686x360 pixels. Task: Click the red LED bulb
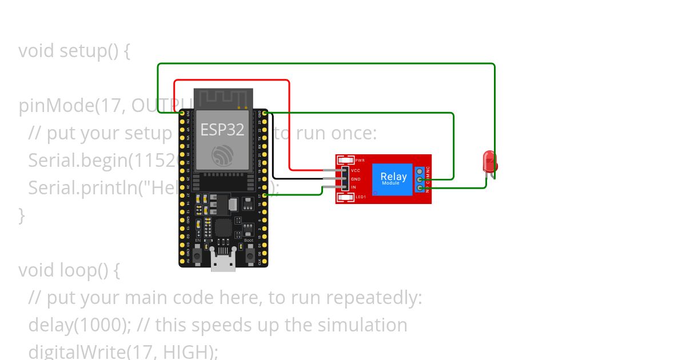(489, 161)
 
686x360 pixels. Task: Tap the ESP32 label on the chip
(222, 130)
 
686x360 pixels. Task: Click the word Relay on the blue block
(393, 177)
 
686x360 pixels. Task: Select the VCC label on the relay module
(356, 170)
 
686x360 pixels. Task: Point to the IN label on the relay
(354, 187)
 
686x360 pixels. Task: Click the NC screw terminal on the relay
(420, 171)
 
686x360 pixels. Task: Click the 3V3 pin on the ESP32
(182, 114)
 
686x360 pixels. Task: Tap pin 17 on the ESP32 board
(265, 196)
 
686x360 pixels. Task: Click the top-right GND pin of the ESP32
(265, 114)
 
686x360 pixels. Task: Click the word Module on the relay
(391, 183)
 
